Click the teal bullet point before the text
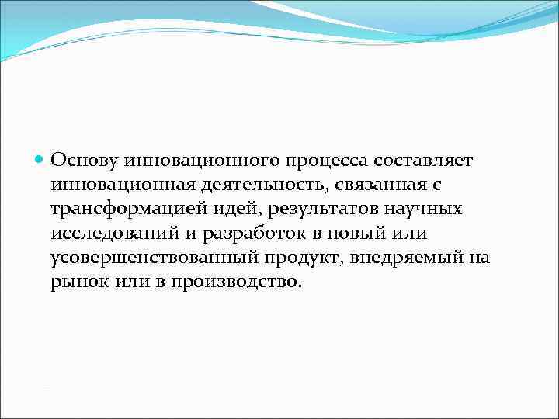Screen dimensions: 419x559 (x=41, y=160)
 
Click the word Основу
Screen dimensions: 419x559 (x=84, y=160)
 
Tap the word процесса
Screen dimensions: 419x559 (x=319, y=160)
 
